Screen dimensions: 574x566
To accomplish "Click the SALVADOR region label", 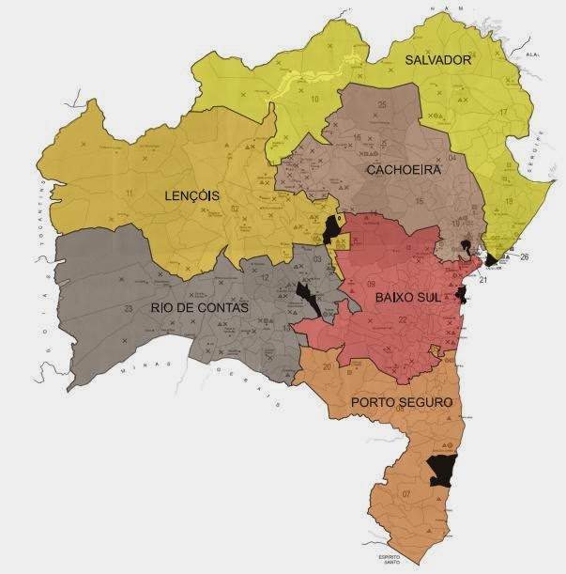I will [436, 60].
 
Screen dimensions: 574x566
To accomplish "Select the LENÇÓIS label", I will [191, 196].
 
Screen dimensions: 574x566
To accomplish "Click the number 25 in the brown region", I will [382, 104].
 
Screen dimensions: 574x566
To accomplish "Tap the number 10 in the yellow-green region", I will [315, 98].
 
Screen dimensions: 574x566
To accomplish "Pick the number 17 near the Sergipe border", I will [504, 113].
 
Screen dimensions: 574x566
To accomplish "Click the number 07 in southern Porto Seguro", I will [405, 494].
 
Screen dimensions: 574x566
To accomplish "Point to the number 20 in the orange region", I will [326, 367].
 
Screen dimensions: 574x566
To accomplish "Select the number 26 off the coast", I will [524, 256].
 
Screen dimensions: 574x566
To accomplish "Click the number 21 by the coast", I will [483, 280].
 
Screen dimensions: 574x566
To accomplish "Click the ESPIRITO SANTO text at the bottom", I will [389, 561].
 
